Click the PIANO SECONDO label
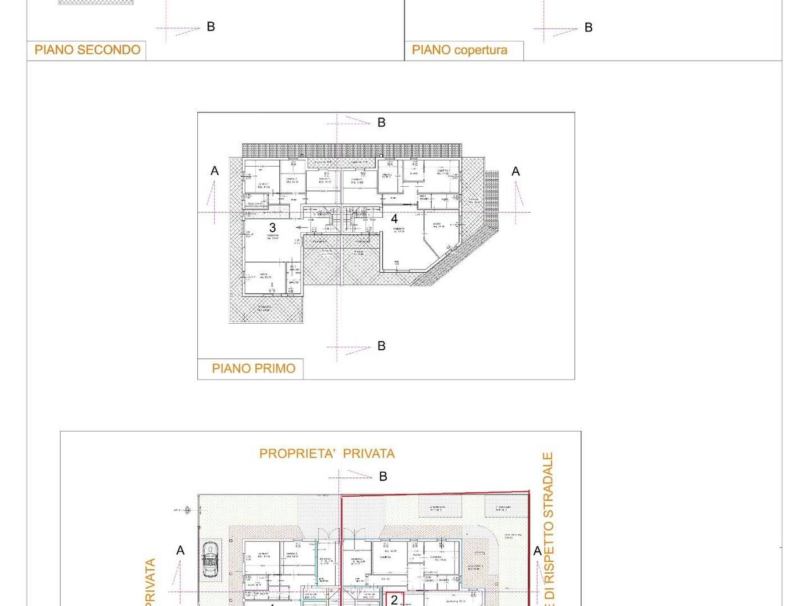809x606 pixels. pyautogui.click(x=87, y=50)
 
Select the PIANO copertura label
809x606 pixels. pyautogui.click(x=459, y=50)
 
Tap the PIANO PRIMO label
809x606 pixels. pyautogui.click(x=253, y=369)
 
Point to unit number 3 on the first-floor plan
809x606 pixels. pyautogui.click(x=272, y=228)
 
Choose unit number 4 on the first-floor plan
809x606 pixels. pyautogui.click(x=394, y=219)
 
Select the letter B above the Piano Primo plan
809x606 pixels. pyautogui.click(x=381, y=122)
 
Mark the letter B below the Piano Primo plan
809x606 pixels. pyautogui.click(x=381, y=346)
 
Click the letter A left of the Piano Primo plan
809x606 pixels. pyautogui.click(x=215, y=171)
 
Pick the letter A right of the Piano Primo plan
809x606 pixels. pyautogui.click(x=516, y=172)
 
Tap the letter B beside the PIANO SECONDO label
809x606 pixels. pyautogui.click(x=211, y=27)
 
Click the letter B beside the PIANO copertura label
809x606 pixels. pyautogui.click(x=588, y=28)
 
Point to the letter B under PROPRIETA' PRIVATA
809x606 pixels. pyautogui.click(x=383, y=477)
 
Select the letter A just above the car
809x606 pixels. pyautogui.click(x=181, y=550)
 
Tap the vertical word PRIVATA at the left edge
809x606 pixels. pyautogui.click(x=150, y=582)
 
